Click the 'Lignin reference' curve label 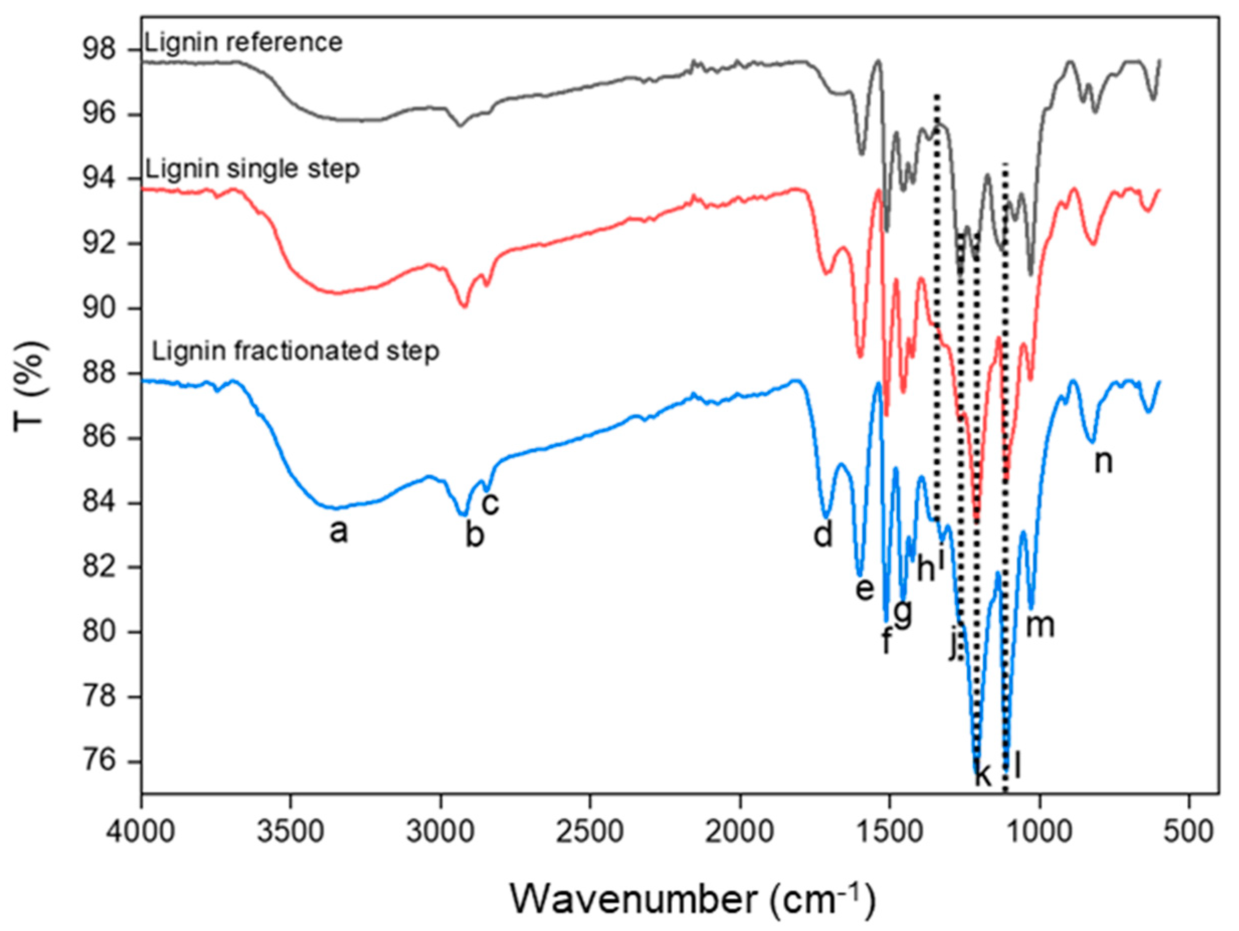coord(243,43)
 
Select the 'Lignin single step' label coord(252,170)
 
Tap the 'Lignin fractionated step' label coord(295,352)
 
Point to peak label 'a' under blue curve coord(338,532)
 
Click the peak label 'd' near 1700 coord(823,535)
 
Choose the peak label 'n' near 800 coord(1103,462)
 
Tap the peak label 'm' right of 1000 coord(1040,625)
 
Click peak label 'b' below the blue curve coord(475,536)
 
